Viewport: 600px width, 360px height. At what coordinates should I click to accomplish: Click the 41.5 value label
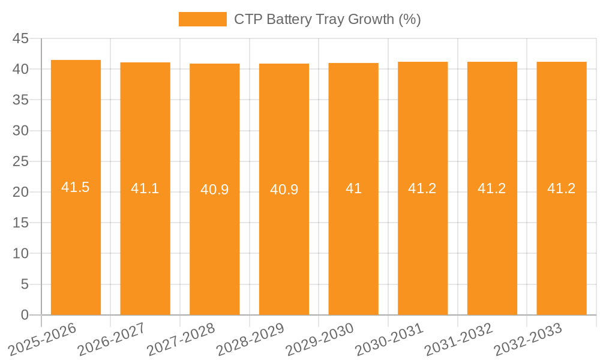coord(76,187)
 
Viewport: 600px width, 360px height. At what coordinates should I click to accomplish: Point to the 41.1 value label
coord(145,188)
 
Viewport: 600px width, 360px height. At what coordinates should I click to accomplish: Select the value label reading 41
coord(353,188)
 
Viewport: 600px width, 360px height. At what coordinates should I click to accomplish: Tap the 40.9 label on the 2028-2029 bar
coord(284,190)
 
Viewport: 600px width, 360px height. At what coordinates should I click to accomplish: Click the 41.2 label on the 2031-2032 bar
coord(492,188)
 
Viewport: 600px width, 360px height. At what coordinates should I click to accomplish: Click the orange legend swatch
coord(203,19)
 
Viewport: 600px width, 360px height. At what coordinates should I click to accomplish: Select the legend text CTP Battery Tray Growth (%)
coord(327,19)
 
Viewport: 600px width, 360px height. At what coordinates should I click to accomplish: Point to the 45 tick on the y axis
coord(21,38)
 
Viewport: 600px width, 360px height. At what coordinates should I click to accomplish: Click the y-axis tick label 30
coord(21,131)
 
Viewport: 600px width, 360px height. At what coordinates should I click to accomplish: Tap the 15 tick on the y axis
coord(21,223)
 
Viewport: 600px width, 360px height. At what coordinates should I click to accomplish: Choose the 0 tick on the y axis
coord(25,315)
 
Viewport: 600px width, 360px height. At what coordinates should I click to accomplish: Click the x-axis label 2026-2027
coord(112,339)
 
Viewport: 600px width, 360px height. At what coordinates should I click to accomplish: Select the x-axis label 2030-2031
coord(389,339)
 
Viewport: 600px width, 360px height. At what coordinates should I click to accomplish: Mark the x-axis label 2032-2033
coord(528,339)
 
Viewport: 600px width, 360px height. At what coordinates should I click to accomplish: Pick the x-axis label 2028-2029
coord(250,339)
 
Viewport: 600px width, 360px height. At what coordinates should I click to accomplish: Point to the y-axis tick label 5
coord(25,284)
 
